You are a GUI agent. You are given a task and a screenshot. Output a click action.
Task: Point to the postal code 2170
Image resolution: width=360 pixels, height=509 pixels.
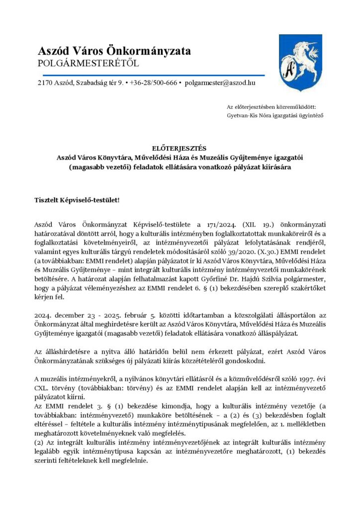pos(44,83)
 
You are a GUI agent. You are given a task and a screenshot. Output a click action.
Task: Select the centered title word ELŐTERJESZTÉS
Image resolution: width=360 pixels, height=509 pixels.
pos(180,148)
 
